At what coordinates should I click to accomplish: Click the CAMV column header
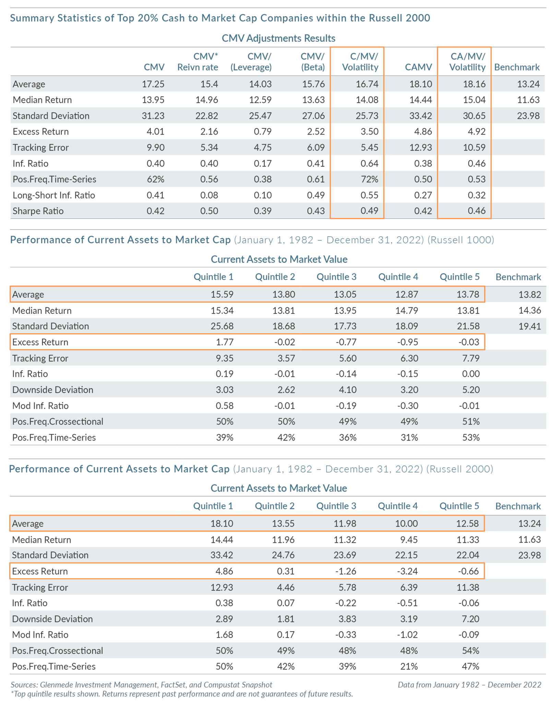(418, 67)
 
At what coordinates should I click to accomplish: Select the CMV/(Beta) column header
(312, 62)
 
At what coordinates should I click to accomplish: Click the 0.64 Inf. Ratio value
(369, 163)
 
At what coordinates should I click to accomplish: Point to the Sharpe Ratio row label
(38, 211)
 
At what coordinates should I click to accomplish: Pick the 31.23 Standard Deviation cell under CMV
(153, 116)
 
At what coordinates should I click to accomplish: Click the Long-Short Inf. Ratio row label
(54, 195)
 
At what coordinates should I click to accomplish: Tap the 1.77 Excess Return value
(224, 342)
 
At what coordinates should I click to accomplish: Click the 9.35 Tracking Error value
(224, 358)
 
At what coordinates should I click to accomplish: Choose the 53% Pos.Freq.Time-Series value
(471, 437)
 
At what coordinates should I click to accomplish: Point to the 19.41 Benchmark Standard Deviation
(530, 326)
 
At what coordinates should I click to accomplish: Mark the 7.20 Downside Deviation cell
(470, 619)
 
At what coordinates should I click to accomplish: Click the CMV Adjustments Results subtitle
(278, 38)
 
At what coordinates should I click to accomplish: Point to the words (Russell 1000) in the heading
(461, 240)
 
